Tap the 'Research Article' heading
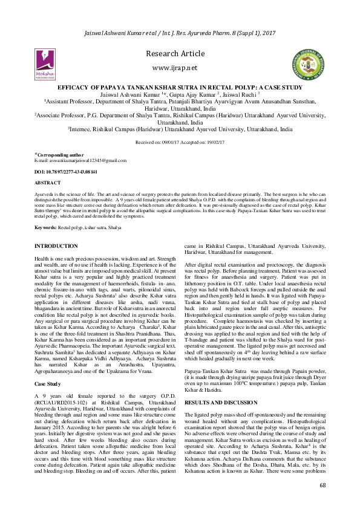(179, 54)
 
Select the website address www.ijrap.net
(179, 68)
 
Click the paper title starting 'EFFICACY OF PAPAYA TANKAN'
(180, 88)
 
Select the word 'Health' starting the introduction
(43, 258)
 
